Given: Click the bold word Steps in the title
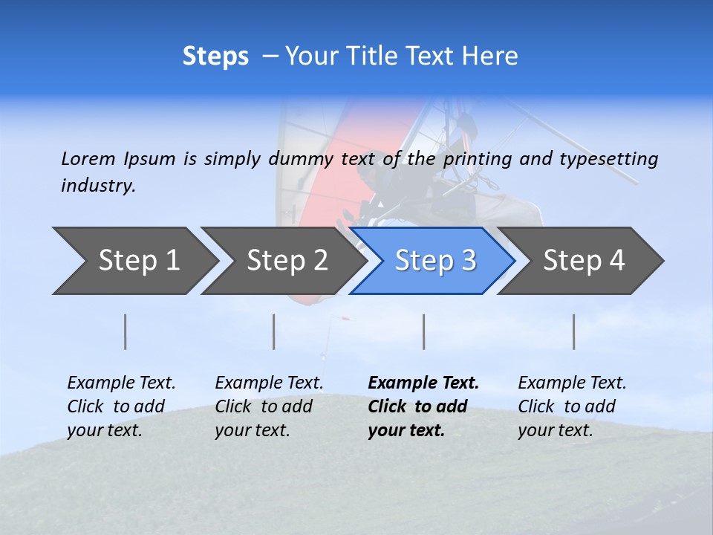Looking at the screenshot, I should (x=215, y=56).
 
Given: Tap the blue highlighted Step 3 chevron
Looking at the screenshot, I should (x=435, y=261).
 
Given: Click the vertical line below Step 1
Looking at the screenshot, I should (x=126, y=331).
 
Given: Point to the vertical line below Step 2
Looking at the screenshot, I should (x=274, y=331).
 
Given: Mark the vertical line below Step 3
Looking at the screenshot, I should (x=424, y=331).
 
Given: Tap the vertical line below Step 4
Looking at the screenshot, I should (x=574, y=331).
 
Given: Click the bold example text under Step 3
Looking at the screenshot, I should (x=423, y=406).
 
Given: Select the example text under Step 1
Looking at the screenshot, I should (x=121, y=406).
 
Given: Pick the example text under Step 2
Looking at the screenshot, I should (x=269, y=406).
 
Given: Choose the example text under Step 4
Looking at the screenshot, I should (x=572, y=406).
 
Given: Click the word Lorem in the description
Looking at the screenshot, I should (x=88, y=158).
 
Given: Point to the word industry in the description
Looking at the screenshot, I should (x=98, y=186).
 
